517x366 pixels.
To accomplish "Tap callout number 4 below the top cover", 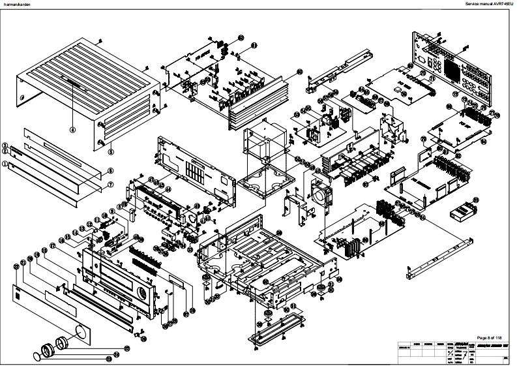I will [73, 129].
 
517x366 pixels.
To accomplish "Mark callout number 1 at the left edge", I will [5, 165].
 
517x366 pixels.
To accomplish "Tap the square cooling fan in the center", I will [321, 194].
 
